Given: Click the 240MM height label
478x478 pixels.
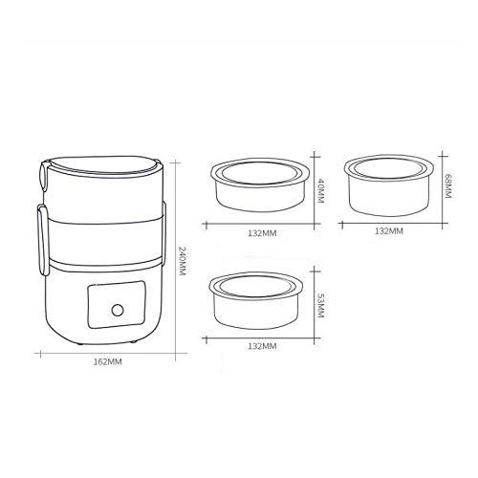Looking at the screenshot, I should [x=181, y=257].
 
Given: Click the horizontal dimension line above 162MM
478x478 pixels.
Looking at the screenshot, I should [x=107, y=353].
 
